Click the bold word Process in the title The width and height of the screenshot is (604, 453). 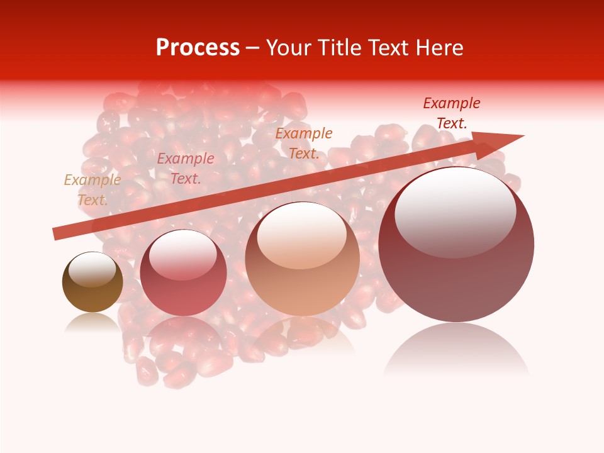pyautogui.click(x=198, y=48)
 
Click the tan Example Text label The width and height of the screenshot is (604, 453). pyautogui.click(x=92, y=189)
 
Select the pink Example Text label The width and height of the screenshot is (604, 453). pyautogui.click(x=186, y=168)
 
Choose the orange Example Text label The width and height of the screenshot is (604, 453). pyautogui.click(x=304, y=143)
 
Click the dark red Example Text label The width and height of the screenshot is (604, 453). pyautogui.click(x=452, y=113)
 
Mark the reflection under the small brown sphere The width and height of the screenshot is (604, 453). pyautogui.click(x=92, y=322)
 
